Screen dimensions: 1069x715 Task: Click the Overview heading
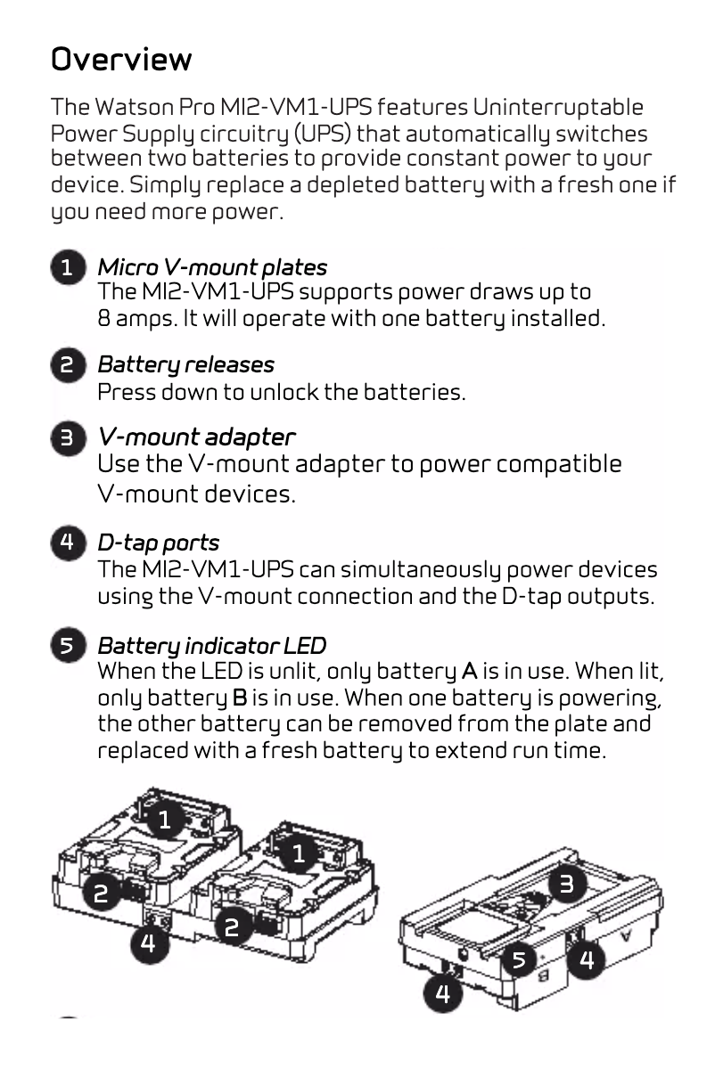(121, 60)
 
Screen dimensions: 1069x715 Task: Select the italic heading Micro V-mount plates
(212, 267)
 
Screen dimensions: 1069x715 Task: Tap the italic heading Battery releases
(185, 364)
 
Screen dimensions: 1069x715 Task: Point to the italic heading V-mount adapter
(196, 437)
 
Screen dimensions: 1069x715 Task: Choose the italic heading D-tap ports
(158, 543)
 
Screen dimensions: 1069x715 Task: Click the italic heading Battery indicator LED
(211, 645)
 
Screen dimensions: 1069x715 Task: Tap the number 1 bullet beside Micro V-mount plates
(68, 268)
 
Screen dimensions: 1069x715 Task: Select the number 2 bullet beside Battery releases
(68, 365)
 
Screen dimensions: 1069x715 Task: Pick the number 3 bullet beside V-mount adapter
(68, 438)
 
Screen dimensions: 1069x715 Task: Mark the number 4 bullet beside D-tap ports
(68, 543)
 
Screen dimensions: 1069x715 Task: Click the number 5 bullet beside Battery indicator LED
(68, 646)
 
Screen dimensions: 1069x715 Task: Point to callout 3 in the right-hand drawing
(567, 884)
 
